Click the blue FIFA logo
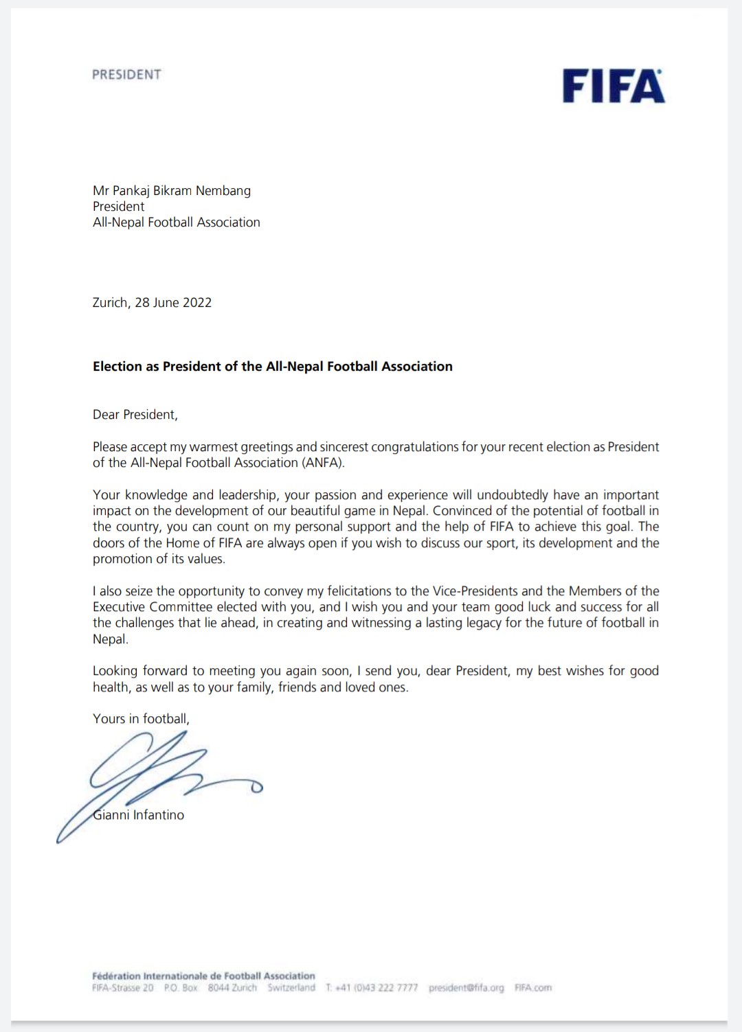click(x=614, y=87)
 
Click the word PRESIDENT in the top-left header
click(x=126, y=74)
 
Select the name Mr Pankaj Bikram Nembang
click(x=172, y=191)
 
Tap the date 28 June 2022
click(x=173, y=303)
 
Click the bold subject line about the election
click(x=273, y=367)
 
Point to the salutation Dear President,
click(x=135, y=415)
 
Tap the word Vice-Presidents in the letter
click(x=475, y=591)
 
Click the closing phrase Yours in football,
click(x=141, y=719)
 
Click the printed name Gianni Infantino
click(x=139, y=815)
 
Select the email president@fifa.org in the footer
click(x=466, y=988)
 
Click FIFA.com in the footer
click(x=533, y=988)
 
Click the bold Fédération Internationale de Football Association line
click(x=203, y=976)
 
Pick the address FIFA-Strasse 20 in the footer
click(x=123, y=988)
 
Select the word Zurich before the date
click(x=110, y=303)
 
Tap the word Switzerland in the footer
click(x=291, y=988)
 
